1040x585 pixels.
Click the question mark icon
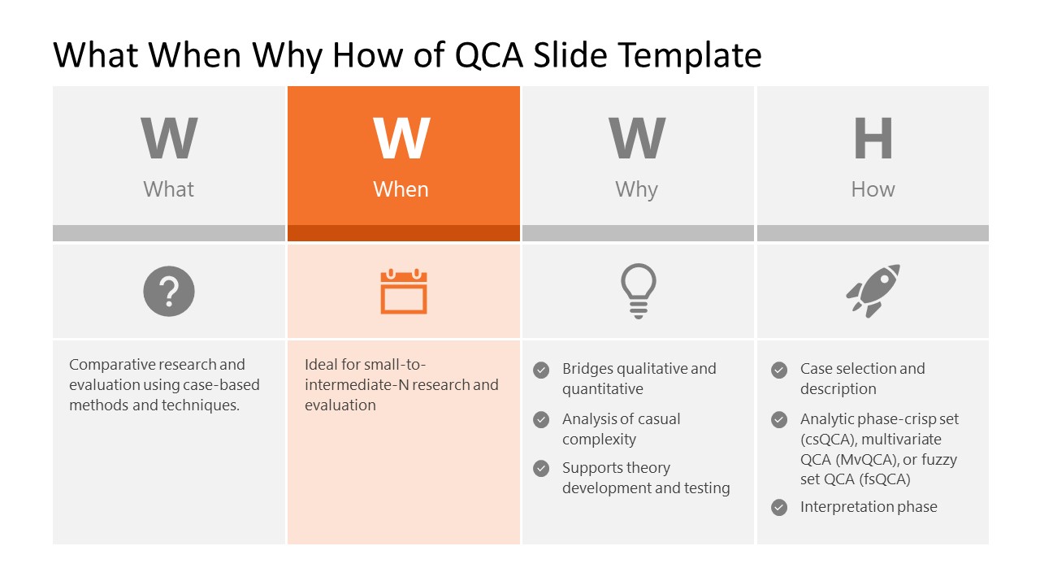click(x=169, y=291)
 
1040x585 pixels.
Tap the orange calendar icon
click(x=404, y=292)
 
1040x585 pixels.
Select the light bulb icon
click(x=638, y=291)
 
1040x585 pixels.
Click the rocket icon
click(x=873, y=290)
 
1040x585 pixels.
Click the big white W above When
click(x=401, y=139)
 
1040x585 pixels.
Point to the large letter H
click(x=873, y=139)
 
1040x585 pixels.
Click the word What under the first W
click(x=169, y=189)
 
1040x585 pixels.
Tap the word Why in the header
click(x=636, y=189)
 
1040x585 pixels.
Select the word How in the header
click(x=873, y=189)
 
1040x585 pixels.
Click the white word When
click(x=401, y=189)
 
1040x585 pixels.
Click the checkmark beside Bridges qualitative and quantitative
click(x=541, y=370)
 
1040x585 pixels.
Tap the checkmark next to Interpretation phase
click(x=779, y=508)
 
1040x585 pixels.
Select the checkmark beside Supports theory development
click(x=541, y=469)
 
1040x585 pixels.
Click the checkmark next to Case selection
click(x=779, y=370)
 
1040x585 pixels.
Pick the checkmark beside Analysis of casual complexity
click(x=541, y=420)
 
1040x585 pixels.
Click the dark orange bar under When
click(x=404, y=233)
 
